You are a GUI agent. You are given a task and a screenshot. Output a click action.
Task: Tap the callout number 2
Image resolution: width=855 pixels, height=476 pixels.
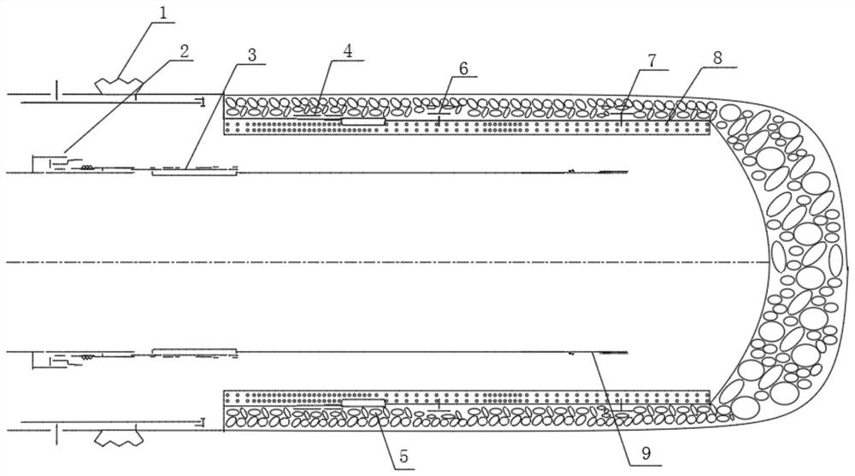point(185,50)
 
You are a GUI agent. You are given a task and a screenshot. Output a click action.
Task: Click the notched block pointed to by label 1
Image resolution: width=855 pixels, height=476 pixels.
point(118,85)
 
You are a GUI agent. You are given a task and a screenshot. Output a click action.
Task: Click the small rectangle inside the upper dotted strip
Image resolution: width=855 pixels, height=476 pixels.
point(363,122)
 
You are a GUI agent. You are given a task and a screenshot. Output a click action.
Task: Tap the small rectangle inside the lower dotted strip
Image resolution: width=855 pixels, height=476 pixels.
point(363,401)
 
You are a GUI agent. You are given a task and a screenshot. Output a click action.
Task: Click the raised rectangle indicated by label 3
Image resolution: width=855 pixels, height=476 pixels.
point(193,172)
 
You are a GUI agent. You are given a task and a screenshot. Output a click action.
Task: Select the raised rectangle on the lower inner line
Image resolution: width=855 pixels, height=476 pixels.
point(193,351)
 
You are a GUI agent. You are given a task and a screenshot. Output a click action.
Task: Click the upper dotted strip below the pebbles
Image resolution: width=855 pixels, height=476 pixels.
point(513,127)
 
